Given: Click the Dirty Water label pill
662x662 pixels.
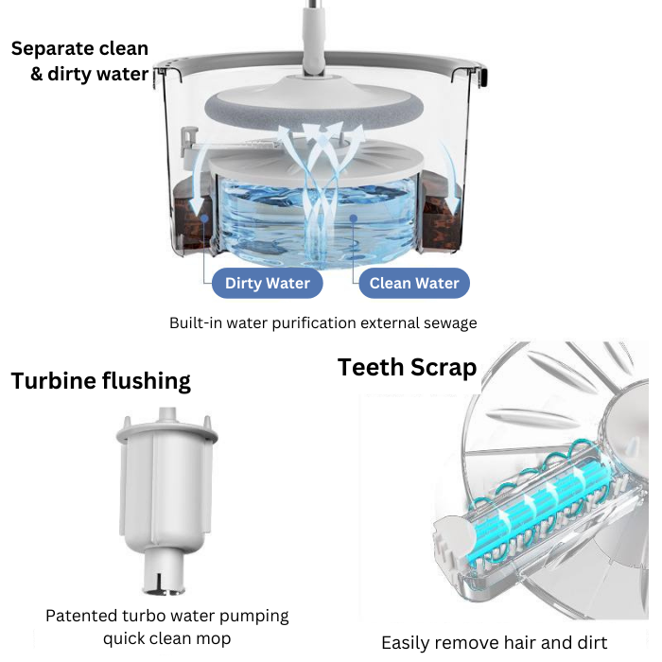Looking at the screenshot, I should click(x=268, y=283).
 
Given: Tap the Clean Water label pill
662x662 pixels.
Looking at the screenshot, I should click(x=413, y=283).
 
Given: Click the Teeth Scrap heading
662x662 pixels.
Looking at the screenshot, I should click(x=407, y=367).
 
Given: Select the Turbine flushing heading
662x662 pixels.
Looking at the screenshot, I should click(x=100, y=381).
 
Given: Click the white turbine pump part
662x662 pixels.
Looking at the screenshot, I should click(x=166, y=492).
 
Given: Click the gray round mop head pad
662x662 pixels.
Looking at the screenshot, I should click(x=311, y=109).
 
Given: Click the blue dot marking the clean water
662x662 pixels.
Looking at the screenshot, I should click(x=351, y=218).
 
